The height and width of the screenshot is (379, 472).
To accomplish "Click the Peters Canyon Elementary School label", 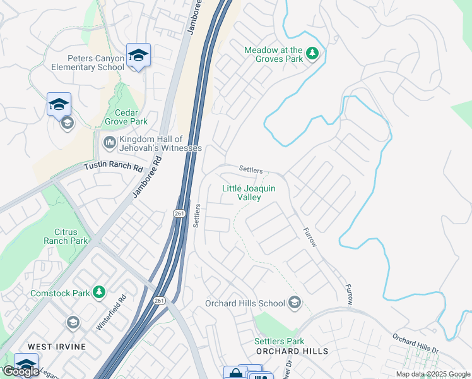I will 88,63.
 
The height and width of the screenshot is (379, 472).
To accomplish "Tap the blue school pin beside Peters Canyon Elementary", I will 138,56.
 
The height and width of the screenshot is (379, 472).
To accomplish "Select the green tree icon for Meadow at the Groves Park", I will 312,54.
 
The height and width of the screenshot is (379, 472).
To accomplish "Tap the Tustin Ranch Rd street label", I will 114,167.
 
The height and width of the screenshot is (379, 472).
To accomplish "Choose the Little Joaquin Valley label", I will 241,193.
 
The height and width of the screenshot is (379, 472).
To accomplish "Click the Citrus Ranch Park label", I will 66,236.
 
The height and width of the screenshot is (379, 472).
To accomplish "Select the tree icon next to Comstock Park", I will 98,292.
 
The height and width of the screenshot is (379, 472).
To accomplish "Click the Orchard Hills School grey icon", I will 293,303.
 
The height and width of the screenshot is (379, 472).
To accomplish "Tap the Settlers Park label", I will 274,341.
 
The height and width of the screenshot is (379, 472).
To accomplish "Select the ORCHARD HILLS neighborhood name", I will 292,351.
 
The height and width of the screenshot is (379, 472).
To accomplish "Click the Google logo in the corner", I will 21,371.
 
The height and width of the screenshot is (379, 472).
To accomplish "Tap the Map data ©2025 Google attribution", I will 433,374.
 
